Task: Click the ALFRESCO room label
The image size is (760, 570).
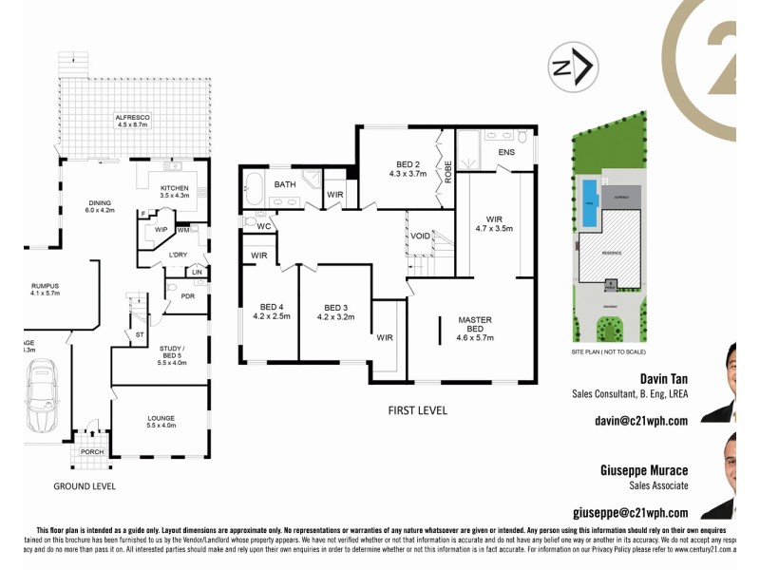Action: pyautogui.click(x=133, y=120)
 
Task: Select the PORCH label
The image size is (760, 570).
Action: pyautogui.click(x=91, y=451)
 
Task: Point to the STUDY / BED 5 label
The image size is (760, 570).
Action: pyautogui.click(x=172, y=356)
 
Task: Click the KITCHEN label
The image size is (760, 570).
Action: pyautogui.click(x=175, y=190)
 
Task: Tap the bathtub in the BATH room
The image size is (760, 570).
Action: pyautogui.click(x=253, y=189)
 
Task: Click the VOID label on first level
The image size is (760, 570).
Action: pyautogui.click(x=420, y=236)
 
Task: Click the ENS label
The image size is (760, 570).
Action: pyautogui.click(x=506, y=152)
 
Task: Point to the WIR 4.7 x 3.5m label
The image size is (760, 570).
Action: pyautogui.click(x=493, y=223)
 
